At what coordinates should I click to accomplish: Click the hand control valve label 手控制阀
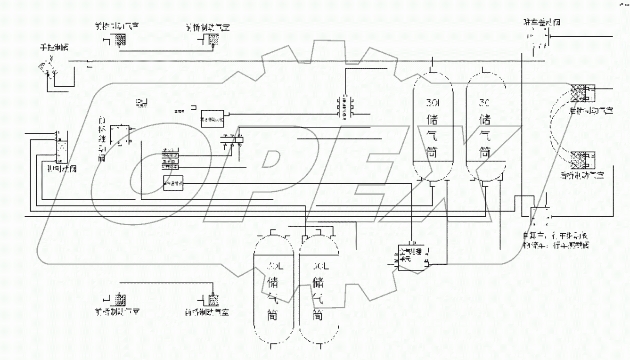56,48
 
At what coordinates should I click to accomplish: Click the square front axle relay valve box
120,135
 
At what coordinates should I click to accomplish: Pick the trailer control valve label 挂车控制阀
542,22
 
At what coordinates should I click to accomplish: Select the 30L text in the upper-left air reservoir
433,103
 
